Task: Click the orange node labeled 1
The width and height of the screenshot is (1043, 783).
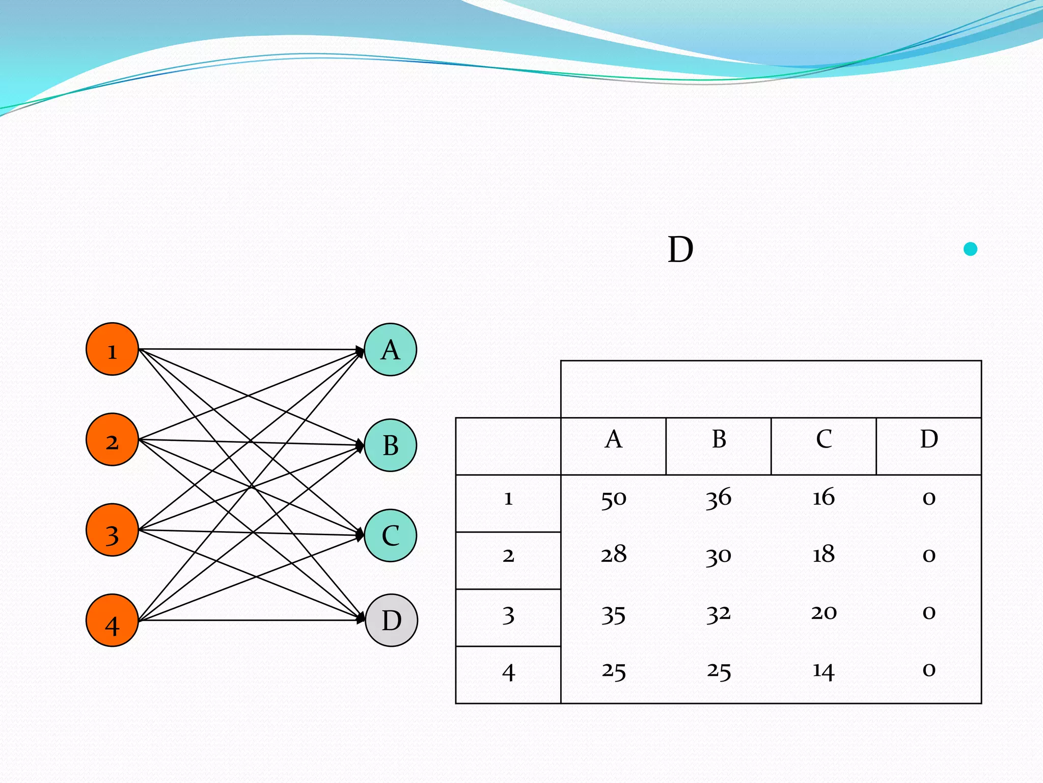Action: pos(112,349)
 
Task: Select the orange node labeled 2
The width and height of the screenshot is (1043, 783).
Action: pos(112,439)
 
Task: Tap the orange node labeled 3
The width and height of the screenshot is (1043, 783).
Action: pos(112,530)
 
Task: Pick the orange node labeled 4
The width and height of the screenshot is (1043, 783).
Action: pos(112,620)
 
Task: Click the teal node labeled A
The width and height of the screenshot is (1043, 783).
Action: pos(391,350)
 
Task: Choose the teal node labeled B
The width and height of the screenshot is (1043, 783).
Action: pos(391,445)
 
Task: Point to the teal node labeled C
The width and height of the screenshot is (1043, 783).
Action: pos(391,535)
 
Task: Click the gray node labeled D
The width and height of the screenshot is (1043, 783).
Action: pos(391,620)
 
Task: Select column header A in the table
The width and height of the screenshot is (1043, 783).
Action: pos(613,439)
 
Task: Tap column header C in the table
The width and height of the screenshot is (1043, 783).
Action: pos(824,439)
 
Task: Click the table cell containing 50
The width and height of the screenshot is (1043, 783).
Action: pos(613,499)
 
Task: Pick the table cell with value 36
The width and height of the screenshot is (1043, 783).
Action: pos(719,499)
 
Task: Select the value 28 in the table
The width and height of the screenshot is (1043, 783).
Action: pos(613,555)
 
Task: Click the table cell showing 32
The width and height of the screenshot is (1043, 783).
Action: pos(719,613)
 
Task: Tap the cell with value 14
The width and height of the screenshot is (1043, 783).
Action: pos(824,671)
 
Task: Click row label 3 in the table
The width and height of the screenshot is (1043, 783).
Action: pos(508,616)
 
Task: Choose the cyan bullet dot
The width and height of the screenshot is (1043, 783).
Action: pos(971,249)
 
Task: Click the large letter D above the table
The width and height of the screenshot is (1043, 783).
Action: pos(680,250)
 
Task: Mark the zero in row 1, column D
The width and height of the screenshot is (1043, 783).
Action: pos(929,499)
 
